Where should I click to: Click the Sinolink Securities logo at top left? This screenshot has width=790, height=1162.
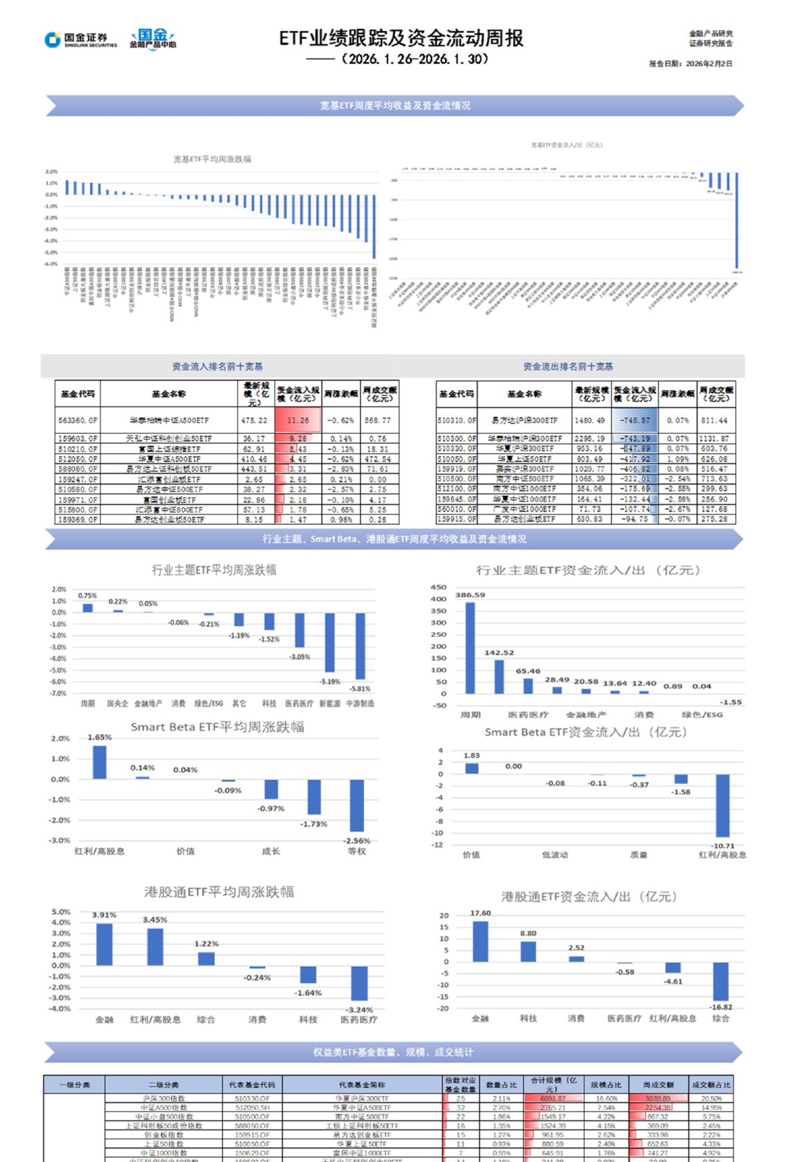point(80,40)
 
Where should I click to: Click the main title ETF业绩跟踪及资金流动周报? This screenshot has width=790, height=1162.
point(401,39)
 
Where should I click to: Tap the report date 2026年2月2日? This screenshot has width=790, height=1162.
point(708,64)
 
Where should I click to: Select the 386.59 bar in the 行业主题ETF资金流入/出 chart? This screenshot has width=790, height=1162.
point(470,647)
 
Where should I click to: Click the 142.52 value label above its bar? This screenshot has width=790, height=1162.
point(499,653)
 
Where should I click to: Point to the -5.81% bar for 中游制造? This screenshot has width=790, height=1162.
point(360,646)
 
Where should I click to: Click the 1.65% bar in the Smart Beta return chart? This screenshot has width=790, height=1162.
point(100,761)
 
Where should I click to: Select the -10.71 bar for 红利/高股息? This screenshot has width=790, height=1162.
point(722,806)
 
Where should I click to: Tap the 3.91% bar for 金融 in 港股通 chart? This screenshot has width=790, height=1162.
point(104,944)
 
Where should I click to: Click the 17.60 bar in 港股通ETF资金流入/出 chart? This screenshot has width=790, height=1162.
point(480,941)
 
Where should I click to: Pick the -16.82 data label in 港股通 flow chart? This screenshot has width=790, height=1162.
point(721,1007)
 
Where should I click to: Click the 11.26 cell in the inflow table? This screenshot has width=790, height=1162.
point(298,420)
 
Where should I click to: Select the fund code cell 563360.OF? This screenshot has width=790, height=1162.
point(77,420)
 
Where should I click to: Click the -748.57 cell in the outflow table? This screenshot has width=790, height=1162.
point(634,420)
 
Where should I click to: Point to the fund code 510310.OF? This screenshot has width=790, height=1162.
point(457,420)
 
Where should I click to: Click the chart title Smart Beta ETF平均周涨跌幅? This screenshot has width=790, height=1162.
point(217,727)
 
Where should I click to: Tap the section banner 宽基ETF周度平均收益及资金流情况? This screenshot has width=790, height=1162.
point(394,106)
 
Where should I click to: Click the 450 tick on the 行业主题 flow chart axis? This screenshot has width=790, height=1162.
point(439,587)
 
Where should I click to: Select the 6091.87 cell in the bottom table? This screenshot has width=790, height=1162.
point(553,1098)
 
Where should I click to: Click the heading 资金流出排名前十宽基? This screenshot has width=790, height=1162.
point(567,367)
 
